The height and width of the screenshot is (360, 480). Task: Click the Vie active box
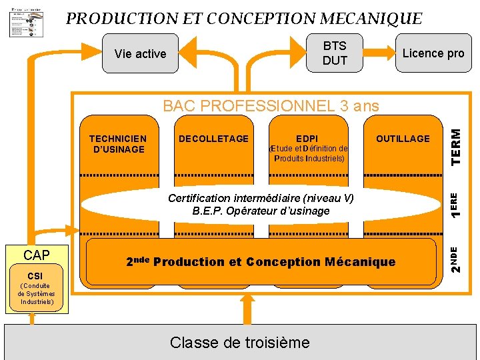[140, 54]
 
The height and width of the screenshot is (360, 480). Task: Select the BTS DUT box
[335, 53]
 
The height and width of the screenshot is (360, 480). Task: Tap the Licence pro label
[433, 53]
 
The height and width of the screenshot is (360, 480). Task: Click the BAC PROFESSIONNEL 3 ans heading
[271, 105]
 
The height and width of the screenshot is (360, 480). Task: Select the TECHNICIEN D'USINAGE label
[117, 144]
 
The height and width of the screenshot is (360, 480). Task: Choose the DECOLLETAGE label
[213, 139]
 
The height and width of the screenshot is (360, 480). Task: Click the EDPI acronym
[307, 139]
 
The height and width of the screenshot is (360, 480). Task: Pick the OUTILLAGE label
[403, 139]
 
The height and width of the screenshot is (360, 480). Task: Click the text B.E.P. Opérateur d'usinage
[261, 211]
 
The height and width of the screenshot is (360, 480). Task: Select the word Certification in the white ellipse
[199, 198]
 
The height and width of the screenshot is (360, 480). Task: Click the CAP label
[37, 255]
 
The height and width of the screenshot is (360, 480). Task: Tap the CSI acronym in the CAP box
[36, 275]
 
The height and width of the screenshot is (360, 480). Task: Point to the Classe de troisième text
[240, 343]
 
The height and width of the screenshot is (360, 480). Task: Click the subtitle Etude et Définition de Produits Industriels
[308, 153]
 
